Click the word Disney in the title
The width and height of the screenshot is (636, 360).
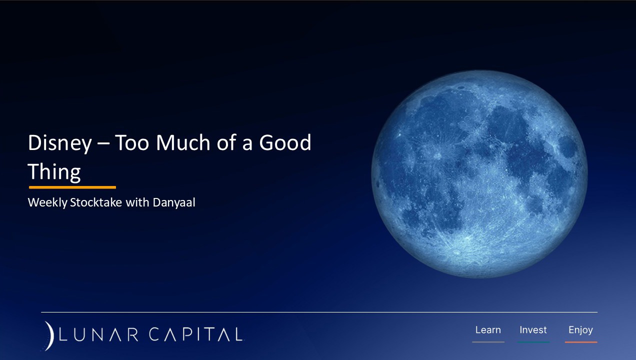(x=59, y=143)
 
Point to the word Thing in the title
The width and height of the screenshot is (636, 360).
(x=54, y=172)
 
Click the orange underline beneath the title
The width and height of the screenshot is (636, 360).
(x=72, y=187)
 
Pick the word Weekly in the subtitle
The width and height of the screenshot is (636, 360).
(x=47, y=202)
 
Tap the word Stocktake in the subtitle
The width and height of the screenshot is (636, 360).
(x=96, y=202)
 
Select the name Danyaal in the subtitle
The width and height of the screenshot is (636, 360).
(x=174, y=202)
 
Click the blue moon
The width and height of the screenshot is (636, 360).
(x=479, y=174)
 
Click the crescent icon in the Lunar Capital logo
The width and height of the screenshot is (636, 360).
(x=49, y=336)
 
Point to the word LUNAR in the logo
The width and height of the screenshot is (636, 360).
(x=98, y=334)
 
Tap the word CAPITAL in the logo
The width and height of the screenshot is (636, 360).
(x=196, y=334)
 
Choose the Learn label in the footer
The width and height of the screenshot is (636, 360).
(x=488, y=330)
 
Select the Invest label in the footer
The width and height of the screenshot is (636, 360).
(x=533, y=330)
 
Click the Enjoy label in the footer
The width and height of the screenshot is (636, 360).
(x=580, y=330)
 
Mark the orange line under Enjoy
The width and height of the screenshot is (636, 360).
(x=581, y=342)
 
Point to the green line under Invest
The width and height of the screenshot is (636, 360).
(x=533, y=342)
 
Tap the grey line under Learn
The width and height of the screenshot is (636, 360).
(x=488, y=342)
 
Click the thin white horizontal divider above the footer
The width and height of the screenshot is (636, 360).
(x=319, y=312)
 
